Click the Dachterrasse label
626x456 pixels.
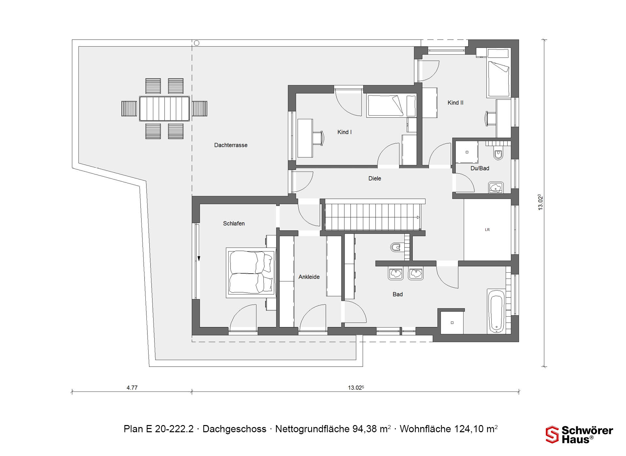pos(231,145)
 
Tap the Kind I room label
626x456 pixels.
pos(344,132)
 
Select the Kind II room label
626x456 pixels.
pos(455,103)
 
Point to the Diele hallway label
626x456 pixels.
pos(375,178)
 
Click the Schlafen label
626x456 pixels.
pos(234,223)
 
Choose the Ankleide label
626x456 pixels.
pos(309,277)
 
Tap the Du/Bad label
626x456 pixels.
pos(480,168)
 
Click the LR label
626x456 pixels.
pos(487,230)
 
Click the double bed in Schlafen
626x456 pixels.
pos(251,273)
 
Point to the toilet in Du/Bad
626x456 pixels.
pos(498,154)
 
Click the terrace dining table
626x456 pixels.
pos(164,108)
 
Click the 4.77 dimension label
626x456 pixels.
pos(132,388)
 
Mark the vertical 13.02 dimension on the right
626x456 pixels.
pos(540,202)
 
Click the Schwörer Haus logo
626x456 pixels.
pos(579,435)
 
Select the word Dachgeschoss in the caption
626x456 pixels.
pos(234,429)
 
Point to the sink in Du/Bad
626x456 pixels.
pos(496,188)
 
